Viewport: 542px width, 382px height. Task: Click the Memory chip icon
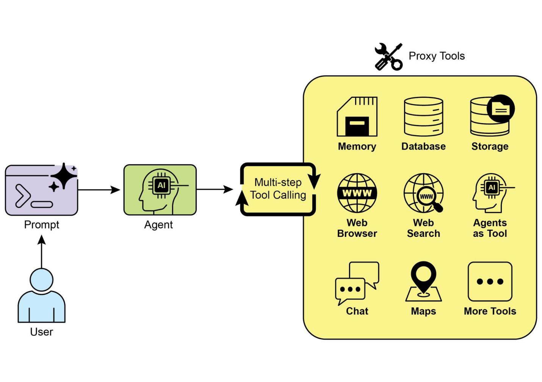[357, 117]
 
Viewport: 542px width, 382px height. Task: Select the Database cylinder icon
[423, 117]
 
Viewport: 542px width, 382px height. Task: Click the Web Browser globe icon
[357, 193]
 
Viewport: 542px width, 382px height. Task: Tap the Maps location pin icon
[423, 281]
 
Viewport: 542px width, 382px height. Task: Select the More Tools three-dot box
[490, 282]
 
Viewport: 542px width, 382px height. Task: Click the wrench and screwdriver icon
[388, 57]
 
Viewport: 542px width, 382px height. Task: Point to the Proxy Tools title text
[437, 56]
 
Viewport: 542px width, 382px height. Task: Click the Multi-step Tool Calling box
[278, 189]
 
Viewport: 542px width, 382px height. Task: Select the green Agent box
[160, 190]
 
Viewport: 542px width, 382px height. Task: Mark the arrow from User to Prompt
[42, 252]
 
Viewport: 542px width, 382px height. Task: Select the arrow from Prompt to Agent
[99, 189]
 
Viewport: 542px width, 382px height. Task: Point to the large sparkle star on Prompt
[64, 175]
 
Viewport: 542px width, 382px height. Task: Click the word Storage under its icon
[490, 146]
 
